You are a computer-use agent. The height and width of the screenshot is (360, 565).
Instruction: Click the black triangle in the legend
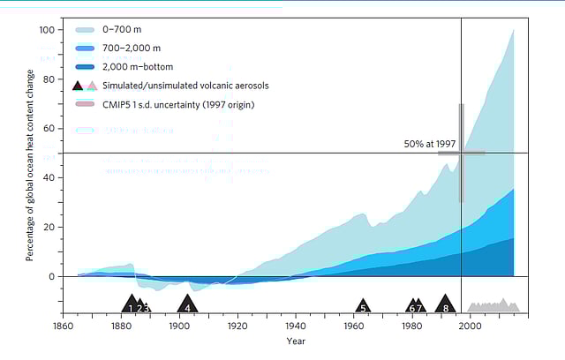(x=78, y=86)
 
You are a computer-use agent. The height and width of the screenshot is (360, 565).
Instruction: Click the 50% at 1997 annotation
(x=429, y=144)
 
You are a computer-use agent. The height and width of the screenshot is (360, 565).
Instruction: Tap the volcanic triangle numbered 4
(x=187, y=305)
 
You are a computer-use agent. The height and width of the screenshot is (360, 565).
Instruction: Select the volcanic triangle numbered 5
(x=363, y=306)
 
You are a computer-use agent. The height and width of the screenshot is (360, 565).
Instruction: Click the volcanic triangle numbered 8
(x=446, y=305)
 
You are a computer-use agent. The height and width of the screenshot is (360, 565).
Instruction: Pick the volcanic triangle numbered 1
(x=131, y=305)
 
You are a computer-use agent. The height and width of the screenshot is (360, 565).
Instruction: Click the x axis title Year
(x=295, y=341)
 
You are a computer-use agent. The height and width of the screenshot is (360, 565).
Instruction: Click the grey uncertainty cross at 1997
(x=461, y=153)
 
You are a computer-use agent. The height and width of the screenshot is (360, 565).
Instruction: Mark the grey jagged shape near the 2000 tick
(x=493, y=306)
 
